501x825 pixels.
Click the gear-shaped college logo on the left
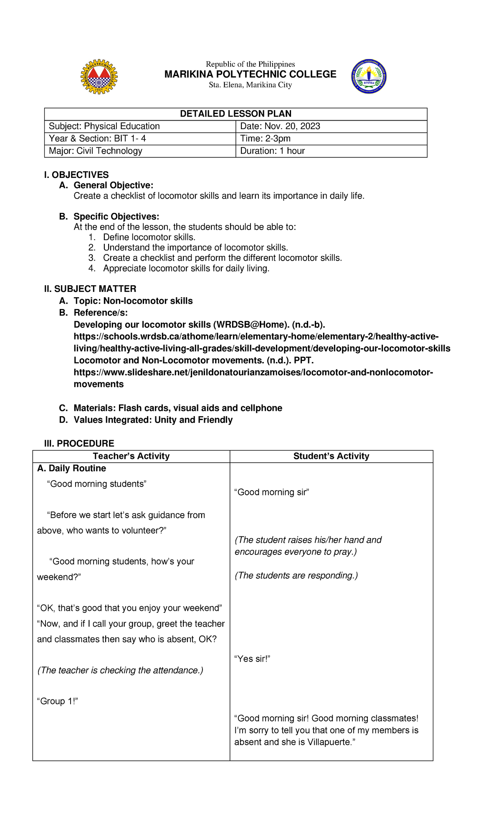coord(99,76)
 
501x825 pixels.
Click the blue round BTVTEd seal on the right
coord(369,76)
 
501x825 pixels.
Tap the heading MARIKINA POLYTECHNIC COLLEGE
coord(250,74)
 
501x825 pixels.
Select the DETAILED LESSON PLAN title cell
coord(235,114)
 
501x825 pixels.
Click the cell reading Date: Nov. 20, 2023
coord(280,127)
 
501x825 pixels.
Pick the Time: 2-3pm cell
coord(266,139)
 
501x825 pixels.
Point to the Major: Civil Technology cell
coord(96,151)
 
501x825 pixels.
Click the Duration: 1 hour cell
coord(273,151)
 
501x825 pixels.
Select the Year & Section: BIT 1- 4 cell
coord(97,139)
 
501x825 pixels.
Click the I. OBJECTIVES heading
coord(76,175)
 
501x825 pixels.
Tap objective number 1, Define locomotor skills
coord(149,237)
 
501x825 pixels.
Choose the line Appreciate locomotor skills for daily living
coord(186,268)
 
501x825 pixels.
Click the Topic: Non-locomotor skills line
coord(133,301)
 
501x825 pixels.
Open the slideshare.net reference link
coord(253,372)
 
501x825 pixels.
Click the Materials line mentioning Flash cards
coord(177,408)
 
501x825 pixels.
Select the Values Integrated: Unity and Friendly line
coord(153,420)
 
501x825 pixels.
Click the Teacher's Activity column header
coord(131,456)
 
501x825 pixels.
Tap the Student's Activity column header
coord(331,456)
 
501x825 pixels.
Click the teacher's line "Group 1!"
coord(58,701)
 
